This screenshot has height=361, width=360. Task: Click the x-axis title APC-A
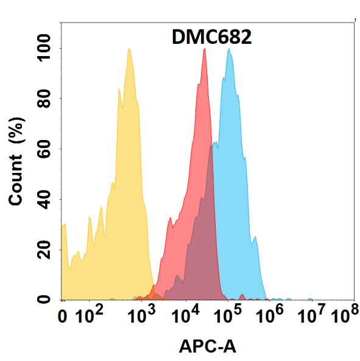coord(208,346)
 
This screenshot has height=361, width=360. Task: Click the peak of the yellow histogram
coord(129,49)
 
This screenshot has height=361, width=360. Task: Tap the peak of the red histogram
coord(204,49)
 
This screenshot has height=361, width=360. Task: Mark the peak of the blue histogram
coord(229,49)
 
